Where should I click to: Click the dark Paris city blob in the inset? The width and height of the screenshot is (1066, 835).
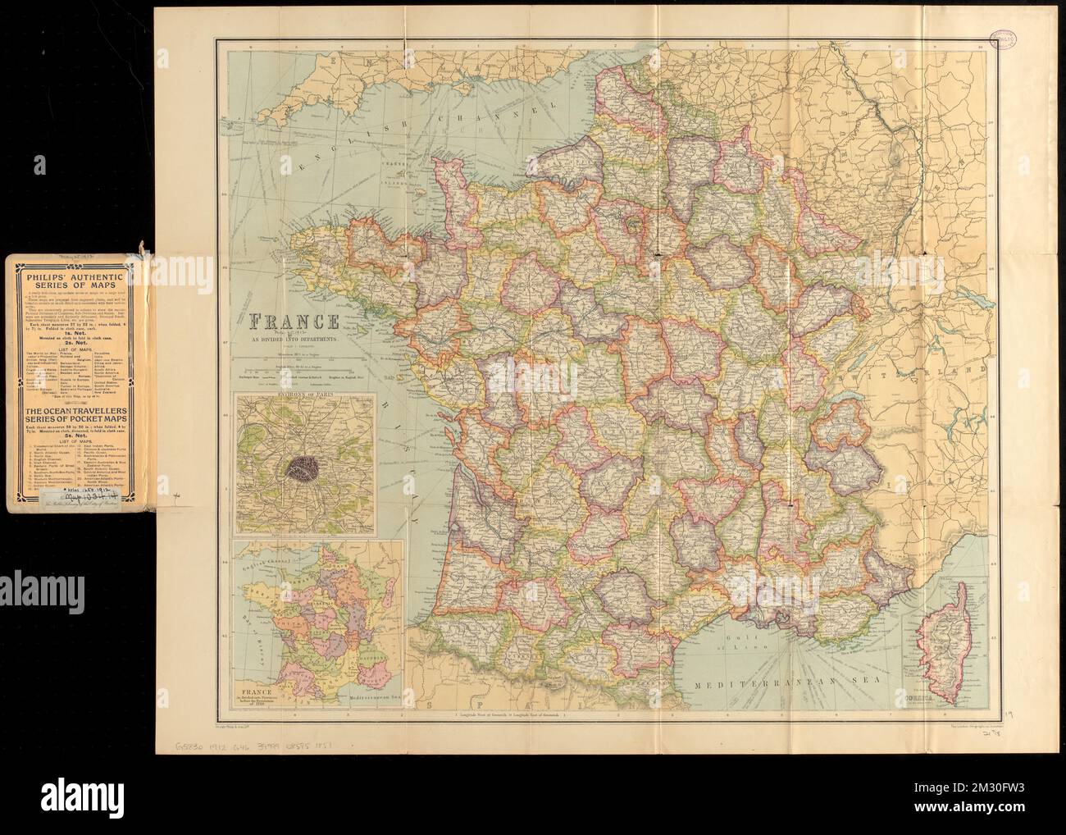pyautogui.click(x=303, y=468)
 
